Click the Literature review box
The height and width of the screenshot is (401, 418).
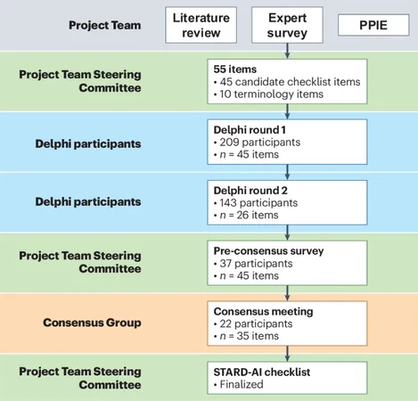click(201, 25)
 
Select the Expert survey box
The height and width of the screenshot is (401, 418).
click(287, 25)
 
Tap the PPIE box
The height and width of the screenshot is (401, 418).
click(373, 25)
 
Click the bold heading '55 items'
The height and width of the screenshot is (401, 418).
click(235, 70)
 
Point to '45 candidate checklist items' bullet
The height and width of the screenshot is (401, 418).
click(287, 82)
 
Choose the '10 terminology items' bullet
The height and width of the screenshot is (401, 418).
click(268, 94)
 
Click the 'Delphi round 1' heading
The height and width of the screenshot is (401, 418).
click(250, 130)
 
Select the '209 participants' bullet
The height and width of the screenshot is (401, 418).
click(257, 143)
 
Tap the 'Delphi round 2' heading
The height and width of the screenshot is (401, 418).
click(250, 191)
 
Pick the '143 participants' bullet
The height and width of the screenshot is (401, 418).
click(256, 203)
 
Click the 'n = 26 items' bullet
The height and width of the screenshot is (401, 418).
click(246, 215)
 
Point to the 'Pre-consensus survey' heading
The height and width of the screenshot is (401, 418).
click(268, 251)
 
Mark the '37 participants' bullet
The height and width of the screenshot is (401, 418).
click(253, 264)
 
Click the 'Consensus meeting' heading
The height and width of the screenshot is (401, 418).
click(263, 311)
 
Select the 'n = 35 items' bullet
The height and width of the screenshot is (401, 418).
click(246, 336)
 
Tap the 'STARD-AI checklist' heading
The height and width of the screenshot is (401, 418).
click(262, 372)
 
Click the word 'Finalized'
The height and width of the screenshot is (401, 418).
click(242, 384)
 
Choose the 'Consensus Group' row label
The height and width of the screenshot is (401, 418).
click(92, 323)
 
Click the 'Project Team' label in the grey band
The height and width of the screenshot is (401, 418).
click(105, 25)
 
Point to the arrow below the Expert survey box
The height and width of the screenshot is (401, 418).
click(287, 51)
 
